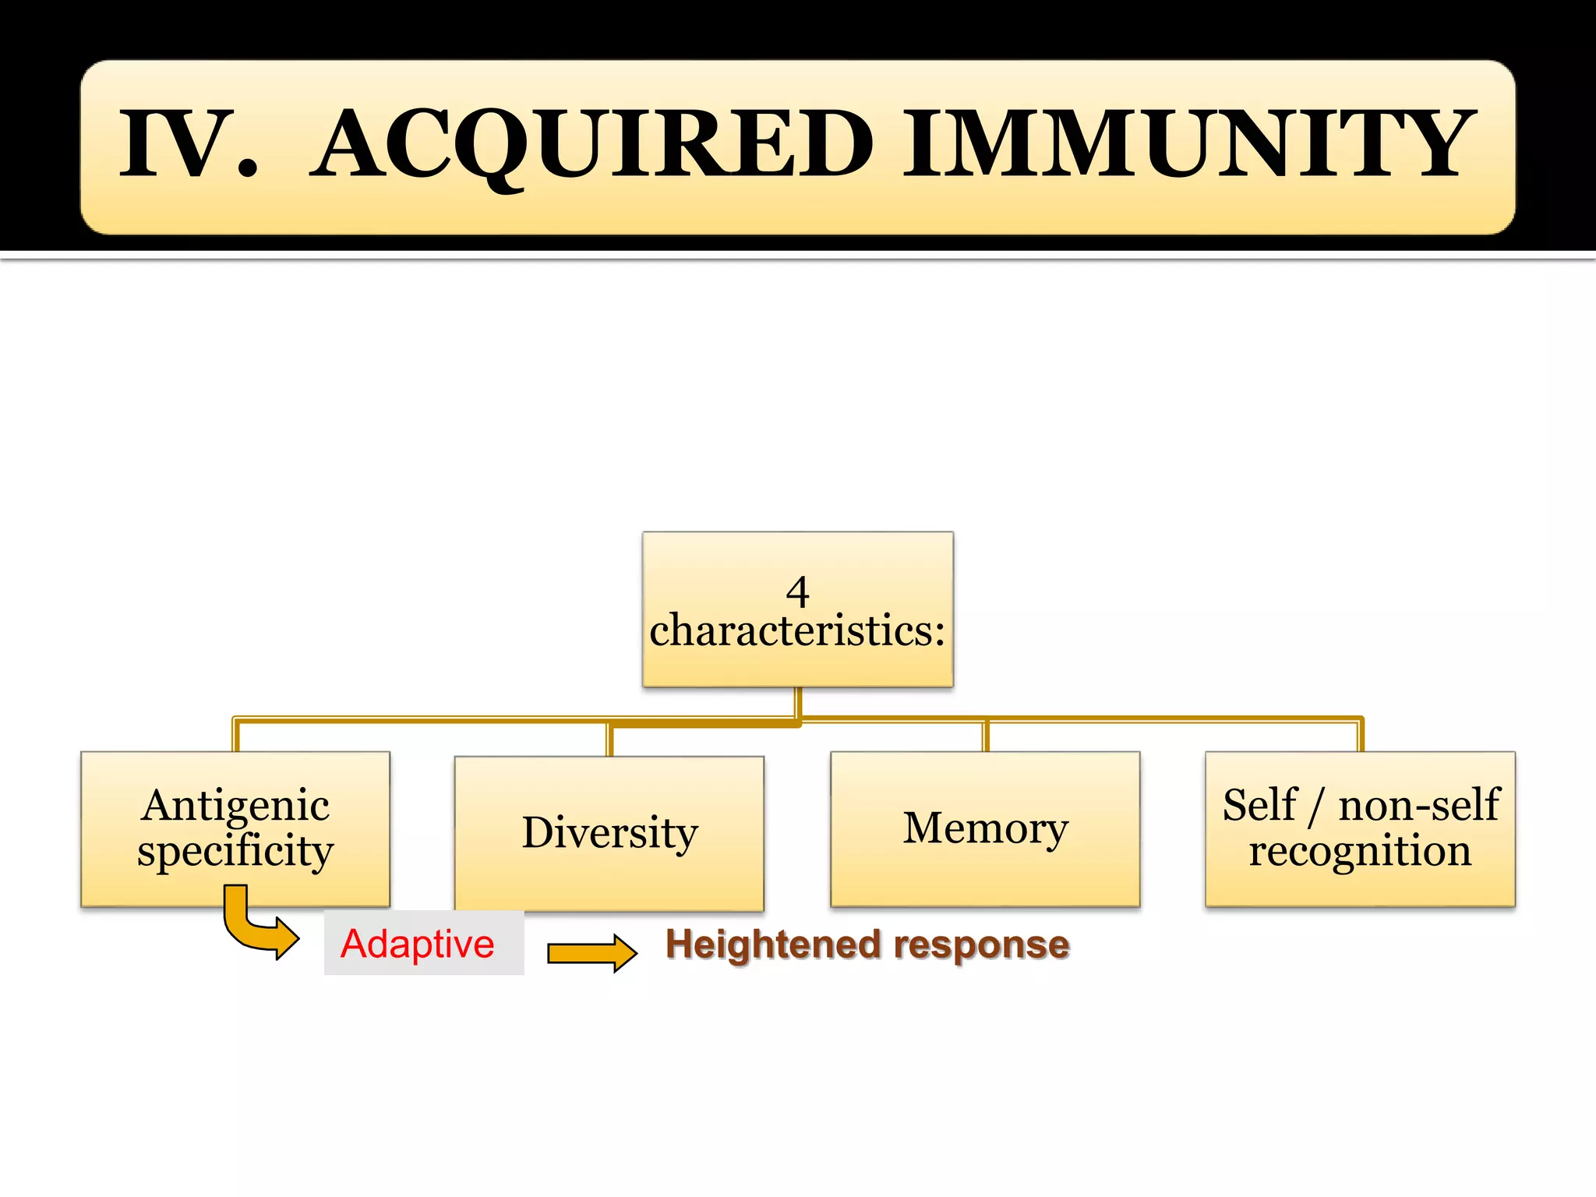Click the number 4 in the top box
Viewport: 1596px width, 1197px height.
[x=797, y=592]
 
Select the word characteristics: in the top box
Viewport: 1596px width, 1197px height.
[x=797, y=631]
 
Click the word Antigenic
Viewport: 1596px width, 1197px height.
[x=235, y=806]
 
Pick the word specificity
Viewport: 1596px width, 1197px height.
[x=235, y=851]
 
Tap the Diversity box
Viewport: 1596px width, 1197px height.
[x=609, y=832]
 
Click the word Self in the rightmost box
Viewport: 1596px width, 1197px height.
[x=1259, y=806]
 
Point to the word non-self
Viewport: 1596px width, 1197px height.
[x=1418, y=806]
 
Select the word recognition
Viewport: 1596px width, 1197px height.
[x=1360, y=851]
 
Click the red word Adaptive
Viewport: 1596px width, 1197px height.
[x=418, y=944]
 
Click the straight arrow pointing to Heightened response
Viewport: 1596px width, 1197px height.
[x=592, y=952]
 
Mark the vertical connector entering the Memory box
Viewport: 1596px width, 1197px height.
[x=986, y=736]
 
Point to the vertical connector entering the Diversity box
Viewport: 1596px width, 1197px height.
[x=609, y=740]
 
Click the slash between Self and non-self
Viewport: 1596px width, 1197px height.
[x=1316, y=807]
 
